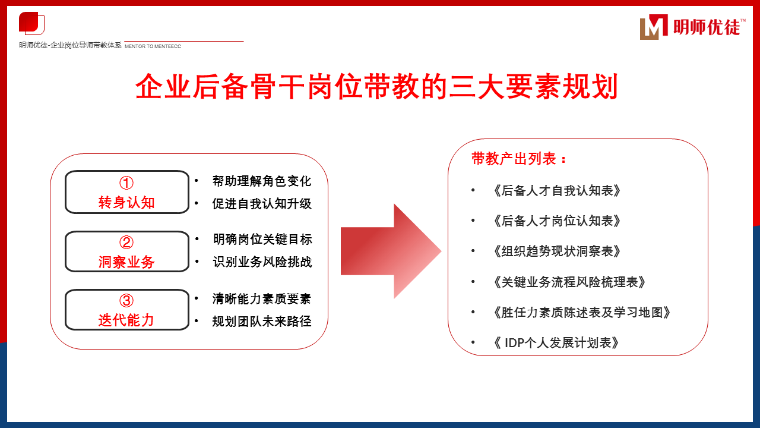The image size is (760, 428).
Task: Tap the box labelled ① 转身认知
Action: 126,192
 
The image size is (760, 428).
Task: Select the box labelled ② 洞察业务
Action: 126,251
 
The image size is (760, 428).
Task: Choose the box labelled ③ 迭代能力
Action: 126,310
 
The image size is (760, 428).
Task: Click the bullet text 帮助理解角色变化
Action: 261,181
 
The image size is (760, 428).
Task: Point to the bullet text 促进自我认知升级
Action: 261,204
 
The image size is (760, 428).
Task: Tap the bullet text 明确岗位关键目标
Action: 262,240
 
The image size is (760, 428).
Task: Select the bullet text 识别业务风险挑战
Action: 262,262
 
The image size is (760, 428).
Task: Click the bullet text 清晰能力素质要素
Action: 261,299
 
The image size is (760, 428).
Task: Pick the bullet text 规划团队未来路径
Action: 261,322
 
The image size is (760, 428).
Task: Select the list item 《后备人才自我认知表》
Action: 557,191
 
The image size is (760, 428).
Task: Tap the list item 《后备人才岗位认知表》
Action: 557,221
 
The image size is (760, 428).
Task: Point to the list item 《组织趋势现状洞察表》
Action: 557,251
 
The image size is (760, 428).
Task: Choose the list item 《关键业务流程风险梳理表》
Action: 569,282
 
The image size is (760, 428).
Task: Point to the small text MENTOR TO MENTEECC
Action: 153,46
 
